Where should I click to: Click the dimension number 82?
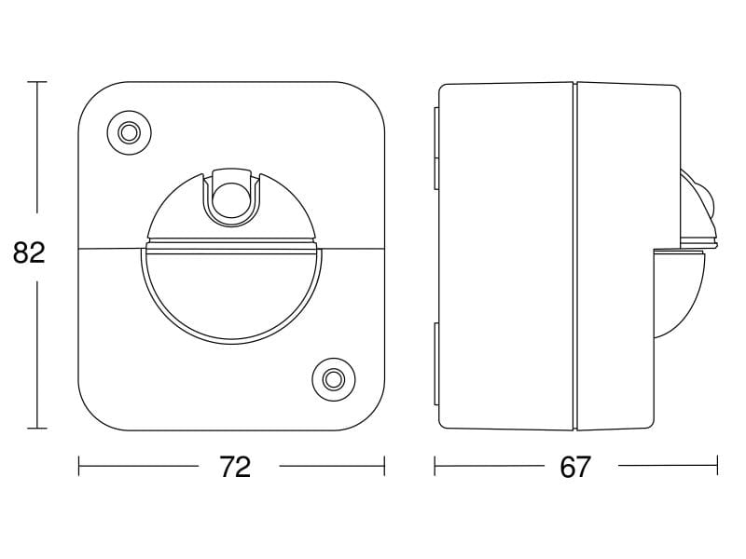click(x=29, y=252)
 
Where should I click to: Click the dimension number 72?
click(x=235, y=467)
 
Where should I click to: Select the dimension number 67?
click(x=575, y=467)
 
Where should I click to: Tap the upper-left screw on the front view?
click(x=129, y=132)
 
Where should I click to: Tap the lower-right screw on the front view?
click(x=334, y=379)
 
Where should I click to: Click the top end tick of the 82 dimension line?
click(x=37, y=82)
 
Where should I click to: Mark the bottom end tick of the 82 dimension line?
click(x=37, y=429)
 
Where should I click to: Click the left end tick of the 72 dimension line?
click(x=79, y=466)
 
